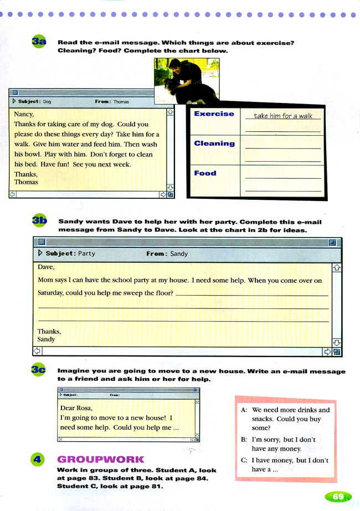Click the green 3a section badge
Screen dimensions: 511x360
[x=39, y=43]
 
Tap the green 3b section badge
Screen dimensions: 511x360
[x=40, y=221]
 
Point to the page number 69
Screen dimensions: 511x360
[x=338, y=497]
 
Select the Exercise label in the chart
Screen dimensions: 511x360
[x=214, y=113]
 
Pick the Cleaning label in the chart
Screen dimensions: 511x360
[x=214, y=143]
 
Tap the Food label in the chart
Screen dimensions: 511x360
[x=205, y=173]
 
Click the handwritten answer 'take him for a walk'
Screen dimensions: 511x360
[x=283, y=116]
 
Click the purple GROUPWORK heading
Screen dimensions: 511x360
[x=100, y=460]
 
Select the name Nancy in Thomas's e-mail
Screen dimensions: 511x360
[x=24, y=115]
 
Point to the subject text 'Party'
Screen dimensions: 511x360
[x=86, y=254]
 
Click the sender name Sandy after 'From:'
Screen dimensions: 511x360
[x=179, y=254]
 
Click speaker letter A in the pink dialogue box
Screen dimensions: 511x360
[x=244, y=410]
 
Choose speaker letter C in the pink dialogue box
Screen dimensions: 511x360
[x=244, y=461]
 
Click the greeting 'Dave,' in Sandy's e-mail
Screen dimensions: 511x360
[x=46, y=266]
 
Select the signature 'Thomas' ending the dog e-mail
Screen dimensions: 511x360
[x=26, y=182]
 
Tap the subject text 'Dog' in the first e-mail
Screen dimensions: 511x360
[x=47, y=102]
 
